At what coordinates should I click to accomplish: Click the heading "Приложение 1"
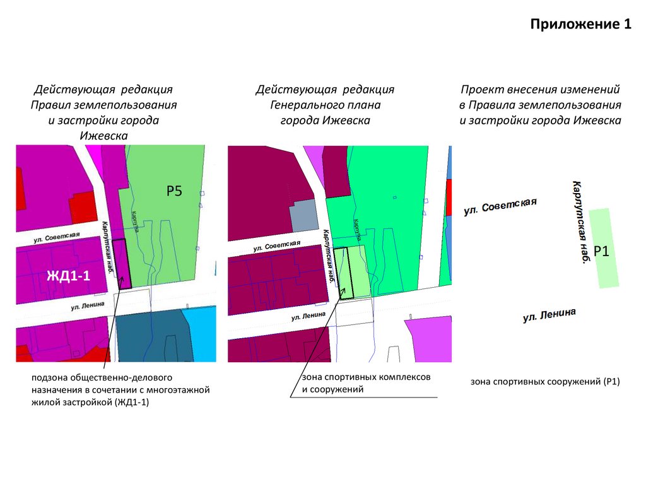(580, 25)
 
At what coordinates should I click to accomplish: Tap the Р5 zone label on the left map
(174, 191)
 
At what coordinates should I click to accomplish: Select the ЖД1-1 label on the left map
(68, 275)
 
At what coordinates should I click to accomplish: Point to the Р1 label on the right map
(601, 251)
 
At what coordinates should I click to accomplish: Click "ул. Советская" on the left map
(57, 237)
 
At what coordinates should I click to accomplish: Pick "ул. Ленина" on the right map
(549, 316)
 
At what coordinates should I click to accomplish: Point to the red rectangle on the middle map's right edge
(449, 198)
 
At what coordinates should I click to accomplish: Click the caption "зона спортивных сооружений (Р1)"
(545, 382)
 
